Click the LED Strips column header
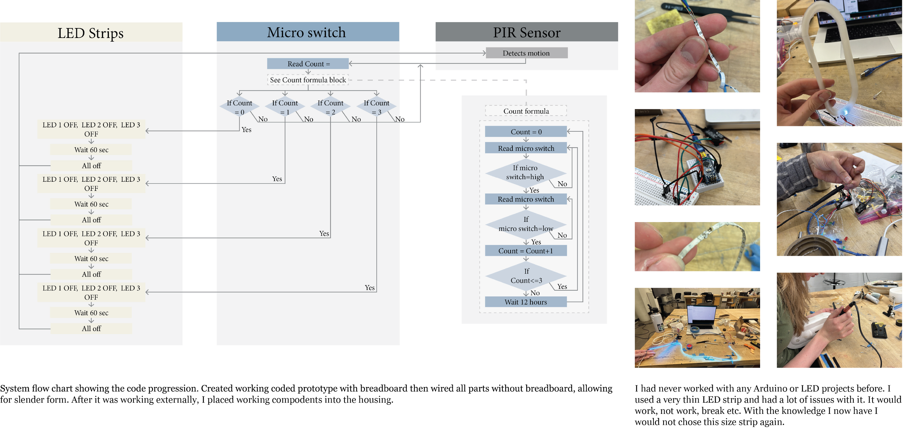91,33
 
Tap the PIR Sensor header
526,32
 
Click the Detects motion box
526,53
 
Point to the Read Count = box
308,64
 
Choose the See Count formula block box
308,80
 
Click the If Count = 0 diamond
239,107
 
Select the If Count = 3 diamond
376,107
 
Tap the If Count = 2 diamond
331,107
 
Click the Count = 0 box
526,132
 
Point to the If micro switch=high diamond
525,173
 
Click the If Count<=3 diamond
526,276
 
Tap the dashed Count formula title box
526,111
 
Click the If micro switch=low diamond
526,224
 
